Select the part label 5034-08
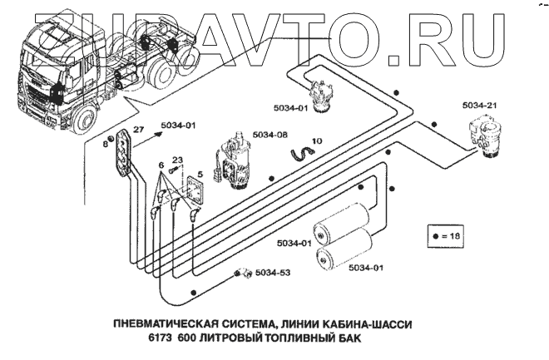point(270,135)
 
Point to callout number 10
point(317,141)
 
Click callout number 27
point(138,130)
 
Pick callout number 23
point(176,159)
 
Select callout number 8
point(104,144)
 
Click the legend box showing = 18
point(444,236)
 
